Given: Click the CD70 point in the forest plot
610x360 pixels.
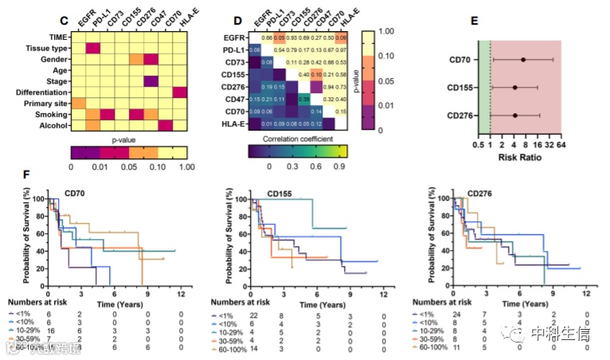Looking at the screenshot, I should click(523, 60).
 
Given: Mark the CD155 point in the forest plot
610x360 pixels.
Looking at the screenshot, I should click(514, 88).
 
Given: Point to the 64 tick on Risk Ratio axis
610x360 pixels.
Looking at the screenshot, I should click(562, 147).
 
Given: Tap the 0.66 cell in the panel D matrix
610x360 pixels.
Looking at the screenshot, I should click(268, 38).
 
